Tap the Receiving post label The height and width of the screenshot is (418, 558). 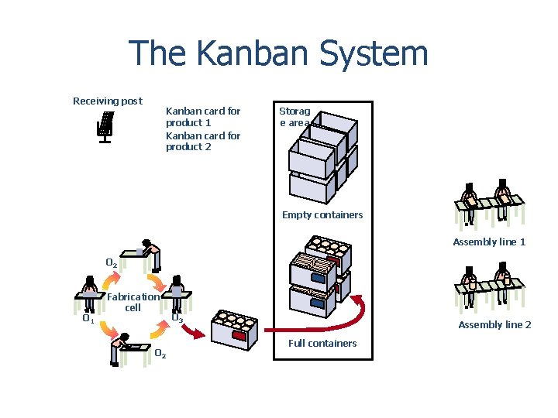click(107, 101)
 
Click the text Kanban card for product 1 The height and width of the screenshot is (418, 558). click(203, 117)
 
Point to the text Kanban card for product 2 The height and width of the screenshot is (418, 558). click(203, 141)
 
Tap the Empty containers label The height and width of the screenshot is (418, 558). click(322, 215)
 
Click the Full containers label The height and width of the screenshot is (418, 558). click(322, 343)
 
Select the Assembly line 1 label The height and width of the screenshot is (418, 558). click(489, 242)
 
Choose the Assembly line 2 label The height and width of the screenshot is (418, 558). click(494, 325)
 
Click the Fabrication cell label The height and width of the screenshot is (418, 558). click(133, 302)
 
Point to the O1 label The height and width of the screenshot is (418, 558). click(88, 318)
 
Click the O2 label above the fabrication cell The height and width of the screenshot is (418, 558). click(112, 264)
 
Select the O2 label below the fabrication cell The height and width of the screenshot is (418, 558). click(160, 355)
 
